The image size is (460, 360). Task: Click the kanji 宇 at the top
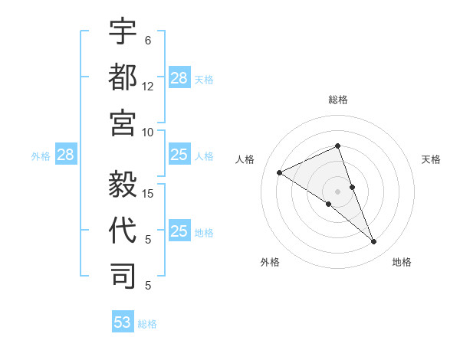point(123,33)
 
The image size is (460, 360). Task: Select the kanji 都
point(123,78)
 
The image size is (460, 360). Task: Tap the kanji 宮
point(123,123)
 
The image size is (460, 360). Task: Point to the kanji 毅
point(123,185)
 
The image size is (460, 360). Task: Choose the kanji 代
point(123,231)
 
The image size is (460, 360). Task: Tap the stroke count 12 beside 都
point(148,87)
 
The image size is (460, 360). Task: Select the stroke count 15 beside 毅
point(149,193)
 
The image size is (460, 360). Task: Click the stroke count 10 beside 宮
point(148,132)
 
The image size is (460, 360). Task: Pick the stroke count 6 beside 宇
point(148,41)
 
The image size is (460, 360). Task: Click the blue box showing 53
point(123,322)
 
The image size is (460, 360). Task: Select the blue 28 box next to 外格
point(65,155)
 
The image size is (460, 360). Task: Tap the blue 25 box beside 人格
point(179,155)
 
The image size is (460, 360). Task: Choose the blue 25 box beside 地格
point(179,231)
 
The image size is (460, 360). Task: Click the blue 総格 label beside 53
point(147,324)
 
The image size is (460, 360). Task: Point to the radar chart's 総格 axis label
point(337,100)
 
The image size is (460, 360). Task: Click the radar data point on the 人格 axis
point(280,172)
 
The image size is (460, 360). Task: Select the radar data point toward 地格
point(374,242)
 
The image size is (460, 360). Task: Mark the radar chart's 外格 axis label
point(270,263)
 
